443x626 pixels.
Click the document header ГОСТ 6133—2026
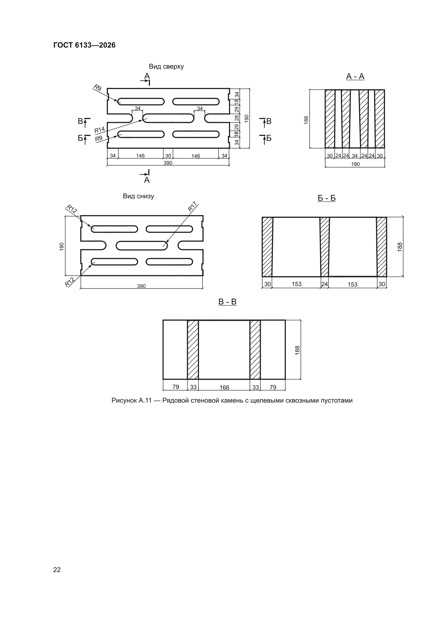coord(84,45)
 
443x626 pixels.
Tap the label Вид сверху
coord(166,66)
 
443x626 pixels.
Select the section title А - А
coord(355,77)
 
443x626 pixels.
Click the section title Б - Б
coord(326,198)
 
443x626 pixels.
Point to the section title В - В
coord(227,302)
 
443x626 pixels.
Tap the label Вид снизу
coord(138,196)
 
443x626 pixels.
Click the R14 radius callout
coord(100,130)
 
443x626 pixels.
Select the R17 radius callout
coord(192,207)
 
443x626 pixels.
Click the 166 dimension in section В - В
coord(224,387)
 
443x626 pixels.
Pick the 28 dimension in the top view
coord(237,118)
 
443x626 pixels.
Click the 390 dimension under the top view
coord(168,163)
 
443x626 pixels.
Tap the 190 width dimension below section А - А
coord(355,164)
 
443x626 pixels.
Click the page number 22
coord(57,570)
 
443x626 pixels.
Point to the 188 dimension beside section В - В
coord(297,350)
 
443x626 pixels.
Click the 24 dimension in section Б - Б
coord(324,284)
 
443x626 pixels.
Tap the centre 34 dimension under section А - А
coord(355,156)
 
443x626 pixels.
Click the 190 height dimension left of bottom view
coord(62,247)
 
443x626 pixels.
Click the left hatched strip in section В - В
coord(193,350)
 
